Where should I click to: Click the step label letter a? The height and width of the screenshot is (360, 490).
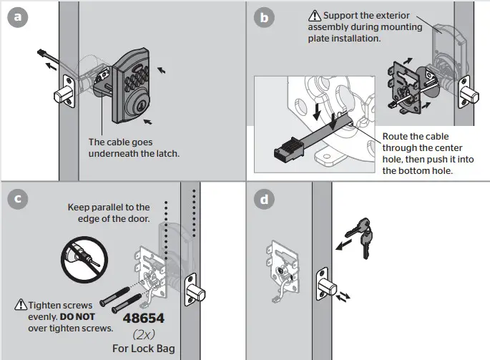click(x=18, y=18)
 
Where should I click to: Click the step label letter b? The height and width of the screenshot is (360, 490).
click(x=263, y=18)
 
